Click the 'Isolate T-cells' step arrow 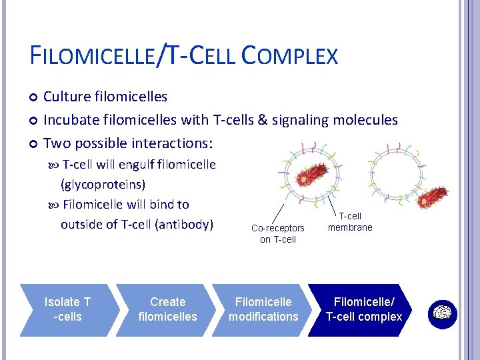click(67, 309)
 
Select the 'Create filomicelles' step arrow click(167, 309)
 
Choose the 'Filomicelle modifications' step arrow click(263, 309)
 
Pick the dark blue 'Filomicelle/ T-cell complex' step click(363, 309)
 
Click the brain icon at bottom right click(441, 312)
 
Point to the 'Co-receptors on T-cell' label click(278, 233)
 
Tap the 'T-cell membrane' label click(350, 222)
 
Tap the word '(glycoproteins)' click(103, 184)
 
